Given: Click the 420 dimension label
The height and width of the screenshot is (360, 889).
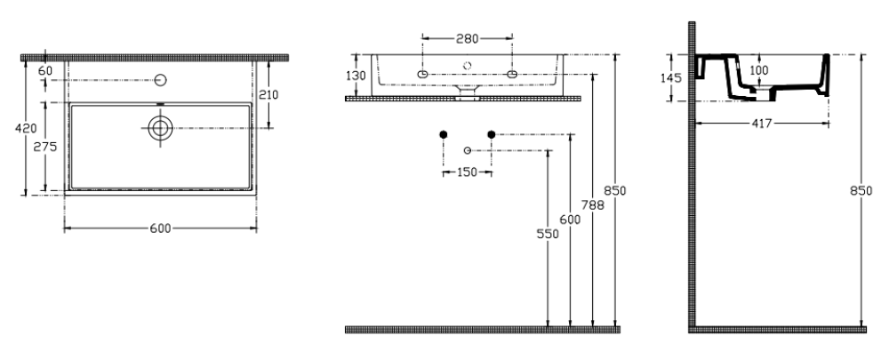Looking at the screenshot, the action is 26,129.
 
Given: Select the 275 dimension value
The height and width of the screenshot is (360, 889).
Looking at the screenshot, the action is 44,147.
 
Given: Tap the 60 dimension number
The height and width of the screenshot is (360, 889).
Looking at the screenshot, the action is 45,71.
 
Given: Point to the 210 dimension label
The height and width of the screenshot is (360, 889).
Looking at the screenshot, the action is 268,95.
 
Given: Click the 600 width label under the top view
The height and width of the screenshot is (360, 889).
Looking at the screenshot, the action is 160,228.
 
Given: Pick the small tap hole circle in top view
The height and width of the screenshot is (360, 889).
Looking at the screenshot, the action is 161,81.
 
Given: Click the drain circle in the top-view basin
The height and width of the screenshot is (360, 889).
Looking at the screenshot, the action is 160,129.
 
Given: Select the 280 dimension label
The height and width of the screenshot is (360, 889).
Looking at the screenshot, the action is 468,38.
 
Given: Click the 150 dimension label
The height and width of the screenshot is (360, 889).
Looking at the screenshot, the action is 467,172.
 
